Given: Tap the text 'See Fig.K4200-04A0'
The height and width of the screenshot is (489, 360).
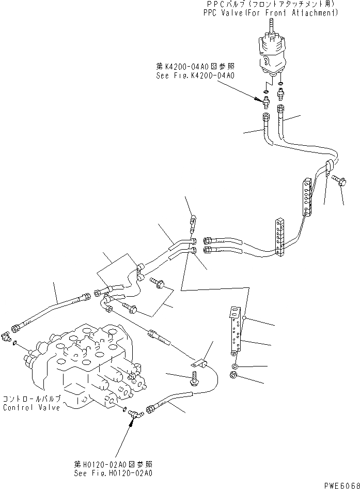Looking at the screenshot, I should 195,75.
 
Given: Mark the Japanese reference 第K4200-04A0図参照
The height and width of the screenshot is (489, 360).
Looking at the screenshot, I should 195,67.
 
